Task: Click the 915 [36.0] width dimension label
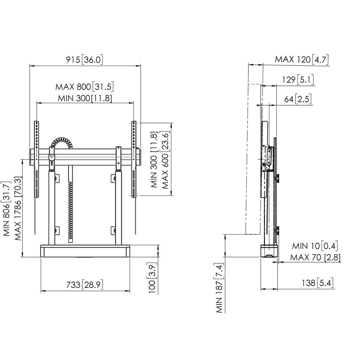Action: pos(84,60)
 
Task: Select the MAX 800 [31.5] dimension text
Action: pos(84,87)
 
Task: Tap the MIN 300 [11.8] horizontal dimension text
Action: pos(85,98)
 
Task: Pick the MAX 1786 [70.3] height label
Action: pos(18,208)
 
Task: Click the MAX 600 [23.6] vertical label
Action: pos(165,160)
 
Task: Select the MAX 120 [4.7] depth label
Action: pos(301,59)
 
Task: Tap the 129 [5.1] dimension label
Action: pos(298,80)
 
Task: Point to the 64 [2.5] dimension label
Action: pos(298,99)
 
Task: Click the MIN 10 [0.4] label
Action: pos(315,246)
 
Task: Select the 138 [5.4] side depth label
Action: pos(318,283)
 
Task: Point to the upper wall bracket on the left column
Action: pos(57,178)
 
